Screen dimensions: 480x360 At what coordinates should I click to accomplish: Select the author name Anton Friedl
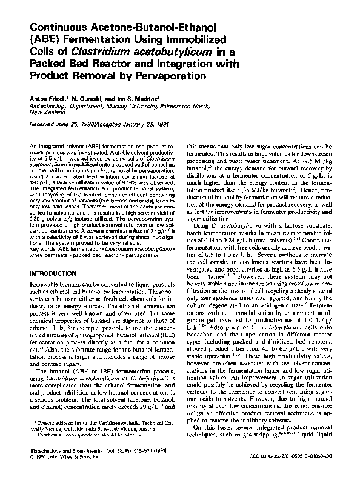47,98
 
